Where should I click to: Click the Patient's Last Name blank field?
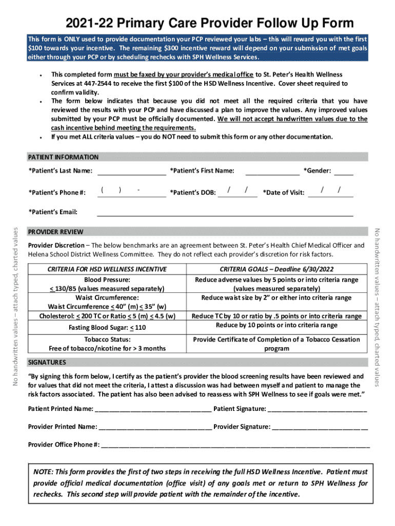pos(131,171)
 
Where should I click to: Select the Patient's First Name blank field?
pos(272,171)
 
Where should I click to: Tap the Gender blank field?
pos(344,171)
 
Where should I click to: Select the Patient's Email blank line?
pos(225,212)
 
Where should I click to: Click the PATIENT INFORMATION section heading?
pos(63,157)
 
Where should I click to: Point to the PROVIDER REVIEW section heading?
pos(55,232)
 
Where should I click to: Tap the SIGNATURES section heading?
pos(47,362)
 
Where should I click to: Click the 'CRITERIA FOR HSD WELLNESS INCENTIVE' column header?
pos(107,269)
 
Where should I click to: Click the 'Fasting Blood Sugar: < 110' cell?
pos(107,327)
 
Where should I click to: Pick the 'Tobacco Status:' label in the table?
pos(107,340)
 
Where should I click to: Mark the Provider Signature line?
pos(320,426)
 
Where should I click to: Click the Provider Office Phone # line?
pos(235,444)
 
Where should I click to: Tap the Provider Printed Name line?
pos(155,426)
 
